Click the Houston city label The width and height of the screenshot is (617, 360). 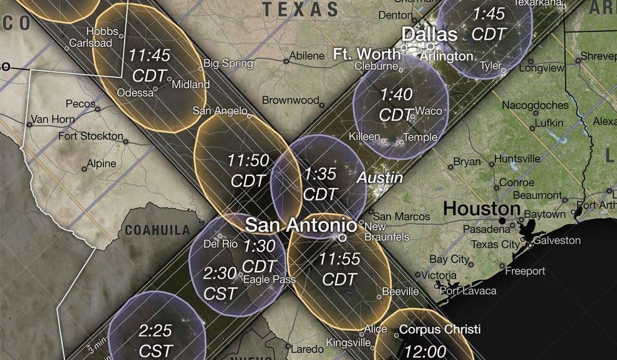click(482, 208)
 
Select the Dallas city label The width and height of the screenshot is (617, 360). click(429, 34)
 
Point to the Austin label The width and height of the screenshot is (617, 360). click(370, 178)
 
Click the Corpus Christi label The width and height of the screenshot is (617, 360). click(440, 329)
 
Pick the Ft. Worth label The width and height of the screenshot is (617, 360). click(366, 53)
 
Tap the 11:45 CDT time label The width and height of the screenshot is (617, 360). click(149, 64)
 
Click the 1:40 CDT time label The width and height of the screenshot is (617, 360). click(397, 104)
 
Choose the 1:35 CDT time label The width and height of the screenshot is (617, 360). click(320, 183)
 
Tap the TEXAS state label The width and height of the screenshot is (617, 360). click(300, 9)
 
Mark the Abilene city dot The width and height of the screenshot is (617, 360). click(286, 61)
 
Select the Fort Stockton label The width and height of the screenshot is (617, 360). click(91, 136)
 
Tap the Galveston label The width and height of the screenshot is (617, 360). click(557, 240)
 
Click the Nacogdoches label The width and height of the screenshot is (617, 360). click(535, 105)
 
